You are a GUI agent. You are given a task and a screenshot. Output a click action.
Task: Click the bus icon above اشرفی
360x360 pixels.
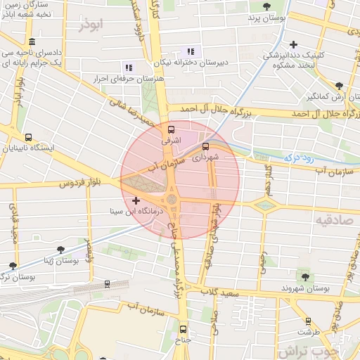tap(171, 130)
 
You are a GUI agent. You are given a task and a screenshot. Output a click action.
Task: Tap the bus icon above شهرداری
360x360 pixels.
tap(205, 147)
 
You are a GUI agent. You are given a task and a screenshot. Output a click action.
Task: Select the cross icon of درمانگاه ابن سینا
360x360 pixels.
tap(136, 201)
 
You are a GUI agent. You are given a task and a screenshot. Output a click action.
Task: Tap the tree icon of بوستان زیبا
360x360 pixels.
tap(61, 249)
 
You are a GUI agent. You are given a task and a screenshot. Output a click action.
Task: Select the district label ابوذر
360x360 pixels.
tap(91, 25)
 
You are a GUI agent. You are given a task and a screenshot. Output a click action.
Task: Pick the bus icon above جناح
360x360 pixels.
tap(183, 328)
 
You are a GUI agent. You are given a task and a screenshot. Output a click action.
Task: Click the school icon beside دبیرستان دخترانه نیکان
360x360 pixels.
tap(191, 51)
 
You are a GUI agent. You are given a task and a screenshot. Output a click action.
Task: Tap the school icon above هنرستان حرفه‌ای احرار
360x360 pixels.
tap(129, 67)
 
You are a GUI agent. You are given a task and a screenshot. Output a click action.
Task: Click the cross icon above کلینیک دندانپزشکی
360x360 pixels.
tap(293, 44)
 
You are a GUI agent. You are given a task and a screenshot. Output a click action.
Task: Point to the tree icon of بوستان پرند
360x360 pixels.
tap(266, 6)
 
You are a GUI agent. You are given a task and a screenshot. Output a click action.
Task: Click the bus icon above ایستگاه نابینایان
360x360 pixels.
tap(28, 138)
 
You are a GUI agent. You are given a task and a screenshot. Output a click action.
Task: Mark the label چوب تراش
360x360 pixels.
tap(309, 349)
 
